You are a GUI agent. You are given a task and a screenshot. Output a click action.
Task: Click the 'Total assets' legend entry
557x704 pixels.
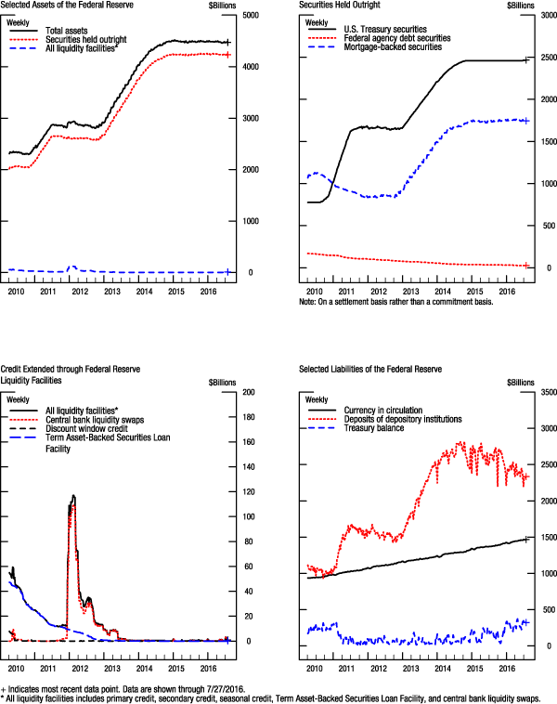pos(66,31)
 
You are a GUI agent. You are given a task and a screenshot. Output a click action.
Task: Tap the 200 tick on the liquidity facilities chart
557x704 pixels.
pos(248,392)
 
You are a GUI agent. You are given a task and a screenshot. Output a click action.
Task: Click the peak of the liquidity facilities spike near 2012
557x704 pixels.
pos(73,496)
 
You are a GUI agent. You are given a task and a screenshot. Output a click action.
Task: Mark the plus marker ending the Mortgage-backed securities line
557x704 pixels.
pos(525,121)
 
